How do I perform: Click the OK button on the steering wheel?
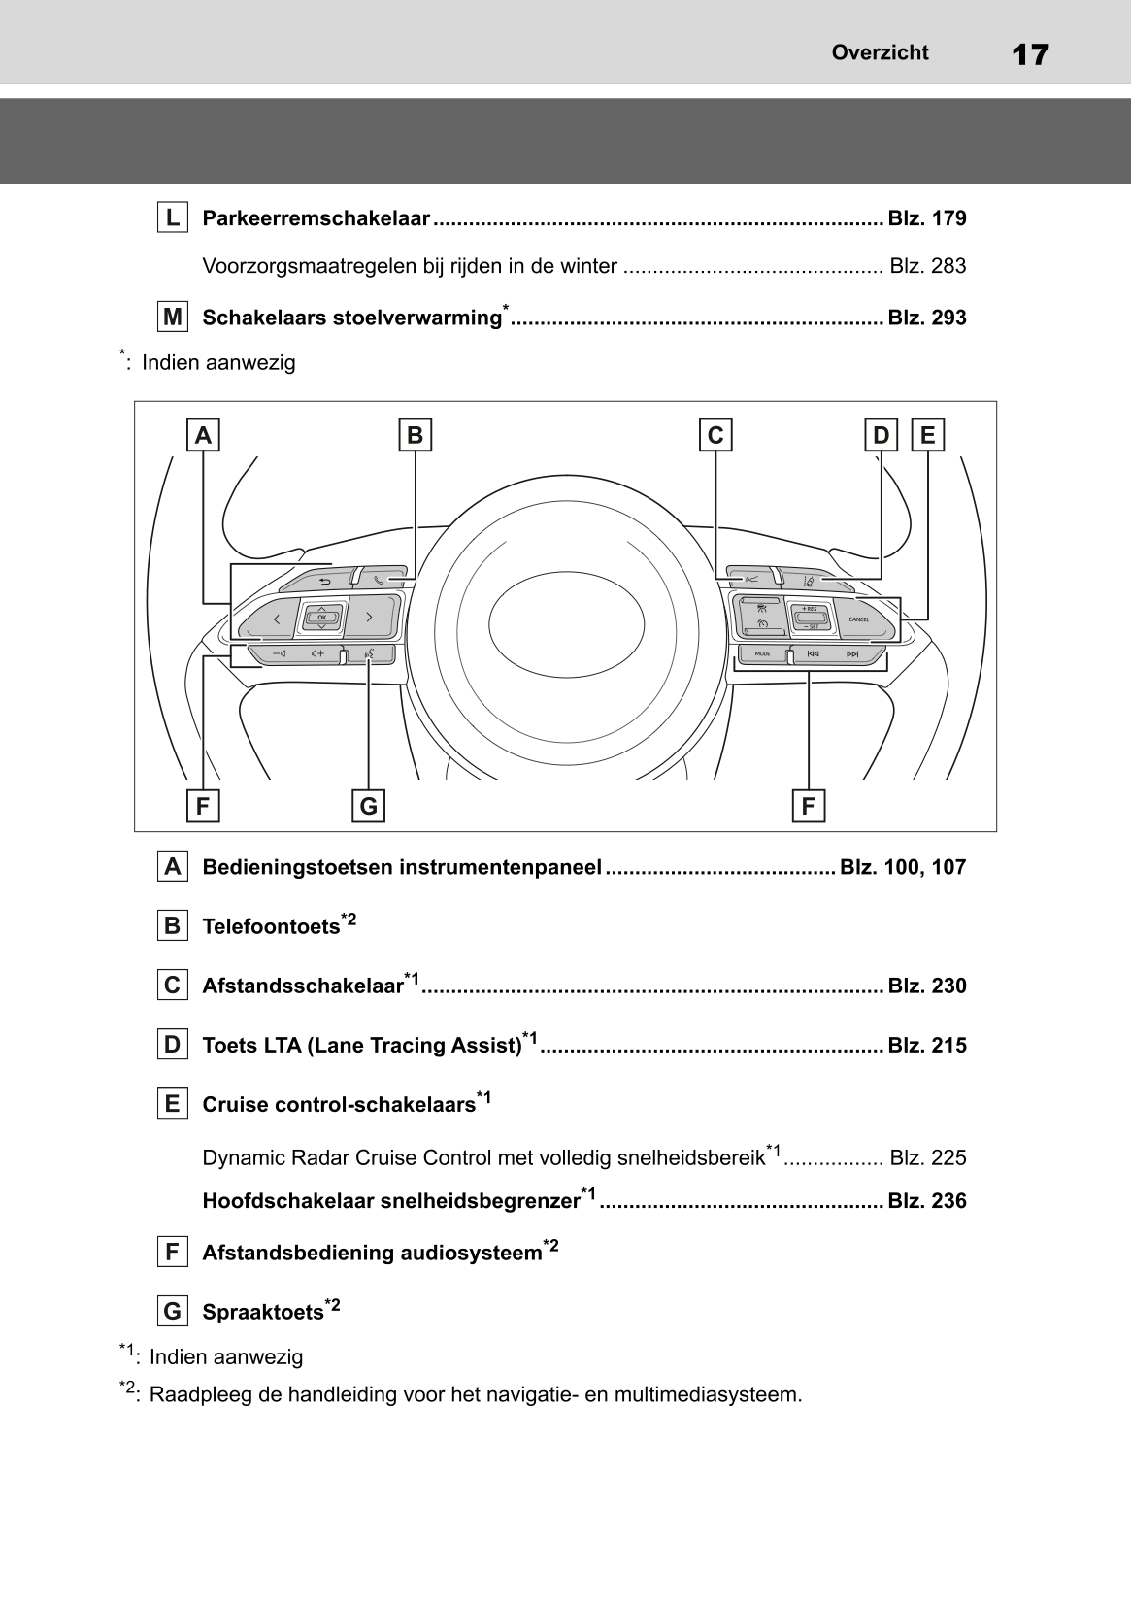pyautogui.click(x=321, y=617)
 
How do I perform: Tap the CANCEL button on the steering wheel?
pyautogui.click(x=859, y=619)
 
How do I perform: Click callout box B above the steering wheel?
pyautogui.click(x=416, y=435)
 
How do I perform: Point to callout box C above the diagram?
pyautogui.click(x=715, y=435)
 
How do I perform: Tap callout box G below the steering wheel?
pyautogui.click(x=368, y=806)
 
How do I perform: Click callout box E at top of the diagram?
pyautogui.click(x=927, y=435)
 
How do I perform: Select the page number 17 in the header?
pyautogui.click(x=1029, y=54)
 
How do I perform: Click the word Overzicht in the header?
pyautogui.click(x=880, y=52)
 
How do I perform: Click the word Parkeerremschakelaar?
pyautogui.click(x=316, y=218)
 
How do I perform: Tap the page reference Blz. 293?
pyautogui.click(x=927, y=318)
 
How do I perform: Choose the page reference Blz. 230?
pyautogui.click(x=927, y=986)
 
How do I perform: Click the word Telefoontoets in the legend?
pyautogui.click(x=271, y=926)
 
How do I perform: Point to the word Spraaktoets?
pyautogui.click(x=262, y=1312)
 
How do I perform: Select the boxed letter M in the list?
pyautogui.click(x=172, y=317)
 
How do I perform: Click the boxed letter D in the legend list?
pyautogui.click(x=172, y=1045)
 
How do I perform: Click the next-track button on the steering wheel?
pyautogui.click(x=852, y=654)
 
